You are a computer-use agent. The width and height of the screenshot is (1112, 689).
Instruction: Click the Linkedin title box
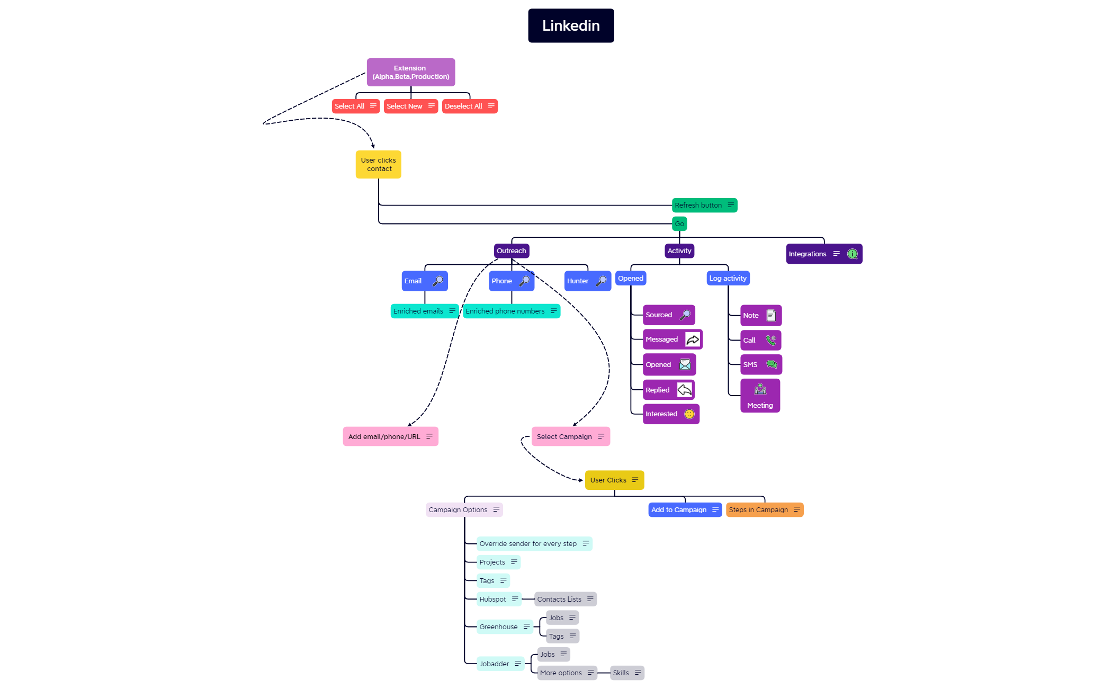coord(571,25)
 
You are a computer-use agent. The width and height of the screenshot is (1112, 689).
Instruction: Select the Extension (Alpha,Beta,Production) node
coord(410,72)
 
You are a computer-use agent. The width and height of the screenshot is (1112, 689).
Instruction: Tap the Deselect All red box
coord(469,106)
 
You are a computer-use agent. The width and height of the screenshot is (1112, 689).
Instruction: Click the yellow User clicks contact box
coord(378,164)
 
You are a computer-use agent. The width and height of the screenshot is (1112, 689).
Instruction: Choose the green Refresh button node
coord(704,205)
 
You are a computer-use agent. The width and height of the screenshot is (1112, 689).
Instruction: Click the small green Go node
coord(679,223)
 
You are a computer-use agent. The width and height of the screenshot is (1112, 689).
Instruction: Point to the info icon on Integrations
coord(852,254)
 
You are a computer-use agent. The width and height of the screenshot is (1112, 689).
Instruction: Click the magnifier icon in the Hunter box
coord(601,281)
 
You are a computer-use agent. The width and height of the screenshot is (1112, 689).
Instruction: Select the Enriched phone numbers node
coord(511,311)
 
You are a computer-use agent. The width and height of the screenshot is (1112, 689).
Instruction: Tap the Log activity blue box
coord(728,278)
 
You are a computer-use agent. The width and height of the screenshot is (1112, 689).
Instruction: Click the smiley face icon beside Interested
coord(689,414)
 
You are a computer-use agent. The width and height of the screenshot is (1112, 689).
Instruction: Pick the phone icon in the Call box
coord(771,340)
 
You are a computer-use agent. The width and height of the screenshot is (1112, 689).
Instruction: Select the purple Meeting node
coord(760,396)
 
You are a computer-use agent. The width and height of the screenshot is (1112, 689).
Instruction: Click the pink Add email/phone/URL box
coord(390,436)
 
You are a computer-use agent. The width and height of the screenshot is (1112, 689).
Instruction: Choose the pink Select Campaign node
coord(570,436)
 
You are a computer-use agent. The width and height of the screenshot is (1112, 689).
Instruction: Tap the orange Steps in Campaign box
coord(764,509)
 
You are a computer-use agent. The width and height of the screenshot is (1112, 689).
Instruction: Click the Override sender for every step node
coord(534,543)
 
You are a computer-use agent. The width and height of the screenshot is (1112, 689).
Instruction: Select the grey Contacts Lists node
coord(565,599)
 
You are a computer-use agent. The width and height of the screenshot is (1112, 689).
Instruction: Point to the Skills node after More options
coord(626,673)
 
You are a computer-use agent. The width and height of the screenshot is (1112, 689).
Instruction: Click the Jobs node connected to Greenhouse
coord(562,618)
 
